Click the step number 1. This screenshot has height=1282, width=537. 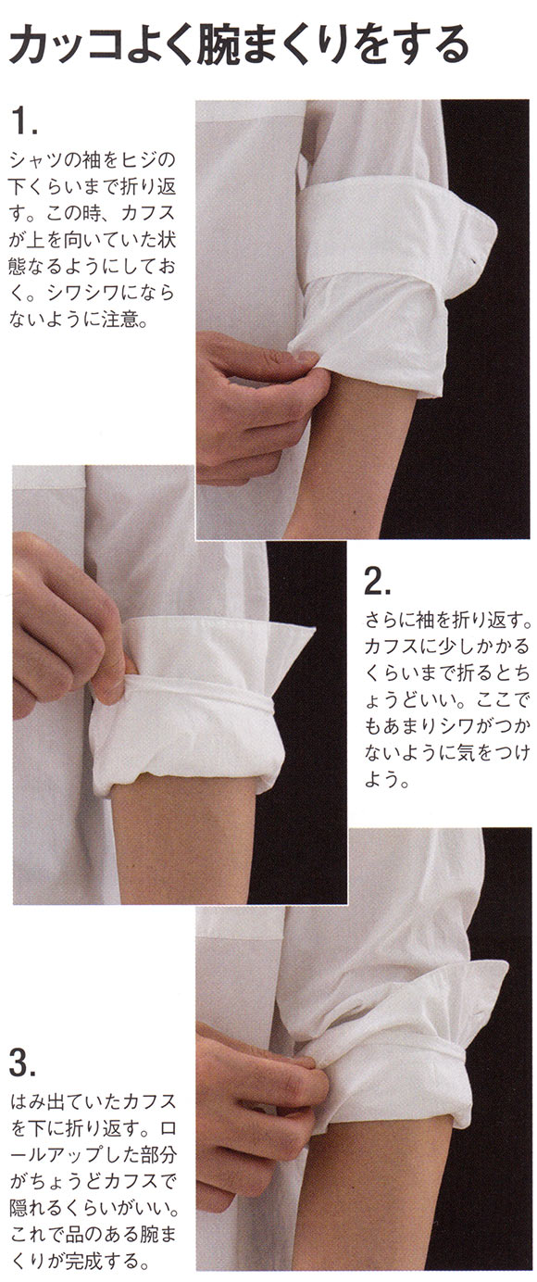click(24, 121)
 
